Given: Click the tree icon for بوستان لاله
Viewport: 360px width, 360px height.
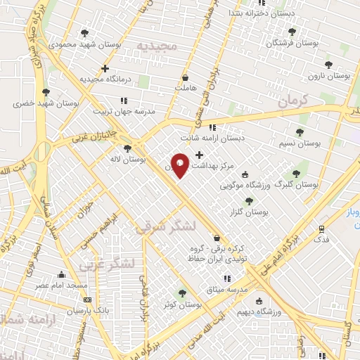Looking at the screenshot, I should pos(127,148).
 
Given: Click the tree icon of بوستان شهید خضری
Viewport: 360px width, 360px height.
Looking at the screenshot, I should pos(46,91).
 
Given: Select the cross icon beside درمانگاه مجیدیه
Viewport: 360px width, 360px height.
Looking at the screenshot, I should pos(105,69).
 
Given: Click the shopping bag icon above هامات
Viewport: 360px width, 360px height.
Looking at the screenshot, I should pos(185,77).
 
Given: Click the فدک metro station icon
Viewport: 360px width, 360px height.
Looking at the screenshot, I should pos(322,229).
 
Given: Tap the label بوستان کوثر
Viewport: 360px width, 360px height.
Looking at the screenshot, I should pos(182,306).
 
